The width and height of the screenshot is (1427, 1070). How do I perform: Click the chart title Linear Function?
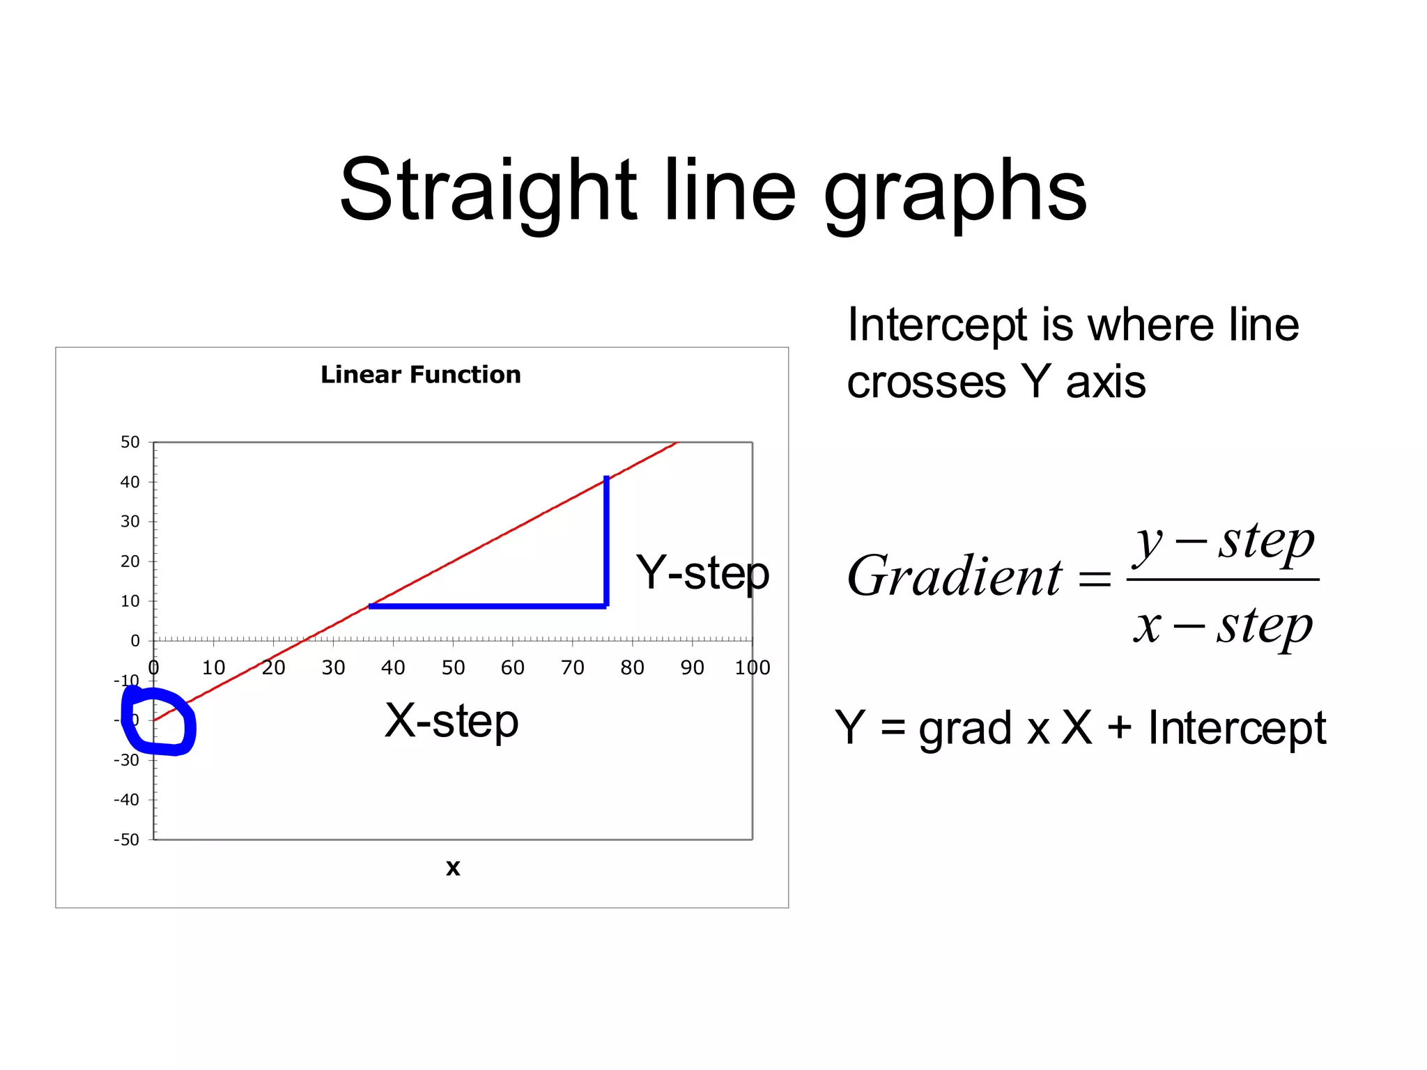click(420, 375)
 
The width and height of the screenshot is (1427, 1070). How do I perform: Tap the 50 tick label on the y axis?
click(130, 442)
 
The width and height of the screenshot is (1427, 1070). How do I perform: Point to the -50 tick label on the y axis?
click(127, 840)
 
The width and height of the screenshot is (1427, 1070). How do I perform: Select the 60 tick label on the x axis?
click(513, 668)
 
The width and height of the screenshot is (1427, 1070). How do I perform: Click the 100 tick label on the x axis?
click(753, 668)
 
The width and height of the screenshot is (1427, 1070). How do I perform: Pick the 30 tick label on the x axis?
click(333, 668)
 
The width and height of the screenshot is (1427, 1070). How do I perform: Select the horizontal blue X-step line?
click(488, 606)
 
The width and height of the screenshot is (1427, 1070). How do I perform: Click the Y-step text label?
click(702, 573)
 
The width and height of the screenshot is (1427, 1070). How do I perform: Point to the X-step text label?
click(452, 721)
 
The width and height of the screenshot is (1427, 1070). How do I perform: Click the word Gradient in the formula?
click(955, 577)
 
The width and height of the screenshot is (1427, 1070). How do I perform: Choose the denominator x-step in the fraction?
click(1223, 625)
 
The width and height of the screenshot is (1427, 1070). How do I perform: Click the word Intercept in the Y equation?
click(1237, 728)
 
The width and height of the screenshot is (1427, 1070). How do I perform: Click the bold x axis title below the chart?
click(453, 868)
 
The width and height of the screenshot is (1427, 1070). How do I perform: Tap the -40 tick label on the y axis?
click(127, 800)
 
